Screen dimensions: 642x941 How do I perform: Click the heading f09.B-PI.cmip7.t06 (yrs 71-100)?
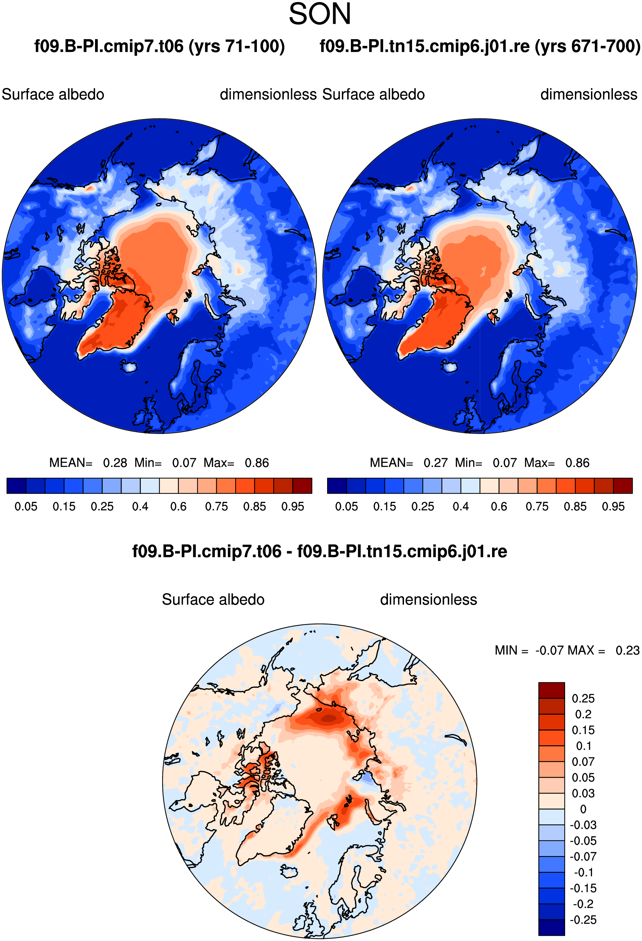159,46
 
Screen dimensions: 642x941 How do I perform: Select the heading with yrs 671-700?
480,46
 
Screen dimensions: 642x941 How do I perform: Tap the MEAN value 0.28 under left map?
115,463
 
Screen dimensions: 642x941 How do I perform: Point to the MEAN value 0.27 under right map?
435,463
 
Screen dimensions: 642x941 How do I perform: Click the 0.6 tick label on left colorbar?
179,507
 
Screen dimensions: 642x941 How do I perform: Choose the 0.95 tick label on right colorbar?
613,507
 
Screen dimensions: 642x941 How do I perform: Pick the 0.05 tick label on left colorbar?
26,507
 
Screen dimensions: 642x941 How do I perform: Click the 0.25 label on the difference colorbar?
583,698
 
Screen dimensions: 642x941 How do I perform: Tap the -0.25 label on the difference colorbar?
583,920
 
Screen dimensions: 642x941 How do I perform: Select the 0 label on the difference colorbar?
583,809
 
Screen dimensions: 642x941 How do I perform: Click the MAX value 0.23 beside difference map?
627,650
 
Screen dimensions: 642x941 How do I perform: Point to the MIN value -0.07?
549,650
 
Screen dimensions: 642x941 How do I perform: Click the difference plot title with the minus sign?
320,552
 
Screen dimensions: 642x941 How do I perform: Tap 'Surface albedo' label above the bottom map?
213,599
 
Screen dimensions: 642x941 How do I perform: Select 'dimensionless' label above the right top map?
589,94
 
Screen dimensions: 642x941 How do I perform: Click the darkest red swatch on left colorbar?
302,486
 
